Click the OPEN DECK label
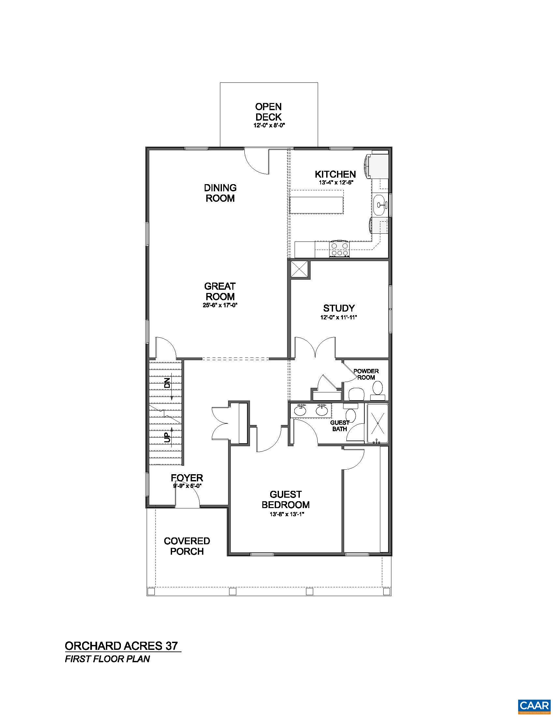point(268,112)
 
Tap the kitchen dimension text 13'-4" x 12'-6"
point(336,183)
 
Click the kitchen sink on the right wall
point(381,205)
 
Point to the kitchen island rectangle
point(316,205)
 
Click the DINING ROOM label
point(220,193)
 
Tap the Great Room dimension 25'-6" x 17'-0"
point(220,305)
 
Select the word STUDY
point(339,308)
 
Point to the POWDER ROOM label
point(366,374)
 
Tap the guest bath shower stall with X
point(377,423)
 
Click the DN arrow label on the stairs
point(168,383)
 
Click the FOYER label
point(187,478)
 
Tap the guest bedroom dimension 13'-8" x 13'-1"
point(285,514)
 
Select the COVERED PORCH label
point(187,546)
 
